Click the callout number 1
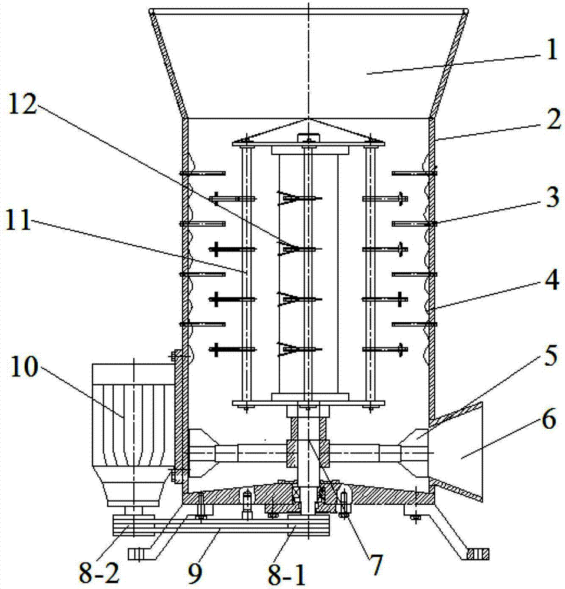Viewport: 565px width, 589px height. [x=551, y=49]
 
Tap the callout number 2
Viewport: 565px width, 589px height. [x=553, y=120]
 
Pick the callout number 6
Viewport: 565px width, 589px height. [x=549, y=419]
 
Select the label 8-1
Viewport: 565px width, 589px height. [x=288, y=575]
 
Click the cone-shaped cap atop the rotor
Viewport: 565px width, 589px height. [x=308, y=132]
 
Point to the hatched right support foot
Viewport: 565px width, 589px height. [x=477, y=554]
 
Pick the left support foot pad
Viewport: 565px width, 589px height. [x=140, y=554]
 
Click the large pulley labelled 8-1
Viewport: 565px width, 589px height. [x=308, y=525]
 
